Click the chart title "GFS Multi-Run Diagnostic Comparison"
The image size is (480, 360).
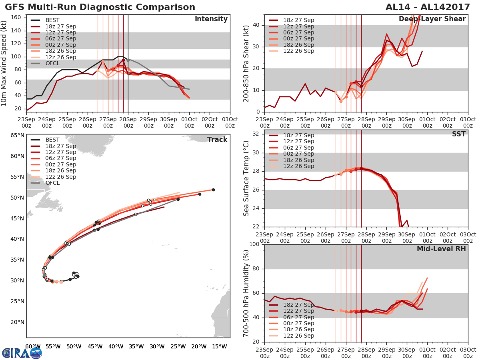tap(100, 7)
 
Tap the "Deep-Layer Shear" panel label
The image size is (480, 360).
tap(432, 19)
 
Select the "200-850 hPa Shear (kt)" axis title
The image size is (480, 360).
tap(247, 63)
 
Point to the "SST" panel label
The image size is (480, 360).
tap(459, 134)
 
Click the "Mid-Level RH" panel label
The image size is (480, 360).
tap(441, 249)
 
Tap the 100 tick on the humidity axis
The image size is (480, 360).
tap(254, 244)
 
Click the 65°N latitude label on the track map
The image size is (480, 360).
tap(17, 135)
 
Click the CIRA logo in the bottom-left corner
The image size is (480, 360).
tap(22, 352)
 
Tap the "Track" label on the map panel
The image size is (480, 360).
tap(217, 140)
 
